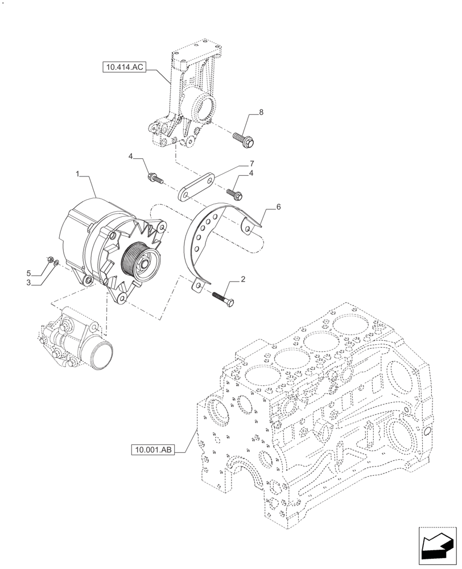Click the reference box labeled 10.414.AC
125,68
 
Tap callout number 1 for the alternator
77,171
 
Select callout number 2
243,279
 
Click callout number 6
278,208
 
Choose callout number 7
251,163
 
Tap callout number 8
261,113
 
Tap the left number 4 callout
130,156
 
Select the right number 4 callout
251,172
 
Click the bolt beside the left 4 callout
155,178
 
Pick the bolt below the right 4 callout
234,194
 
